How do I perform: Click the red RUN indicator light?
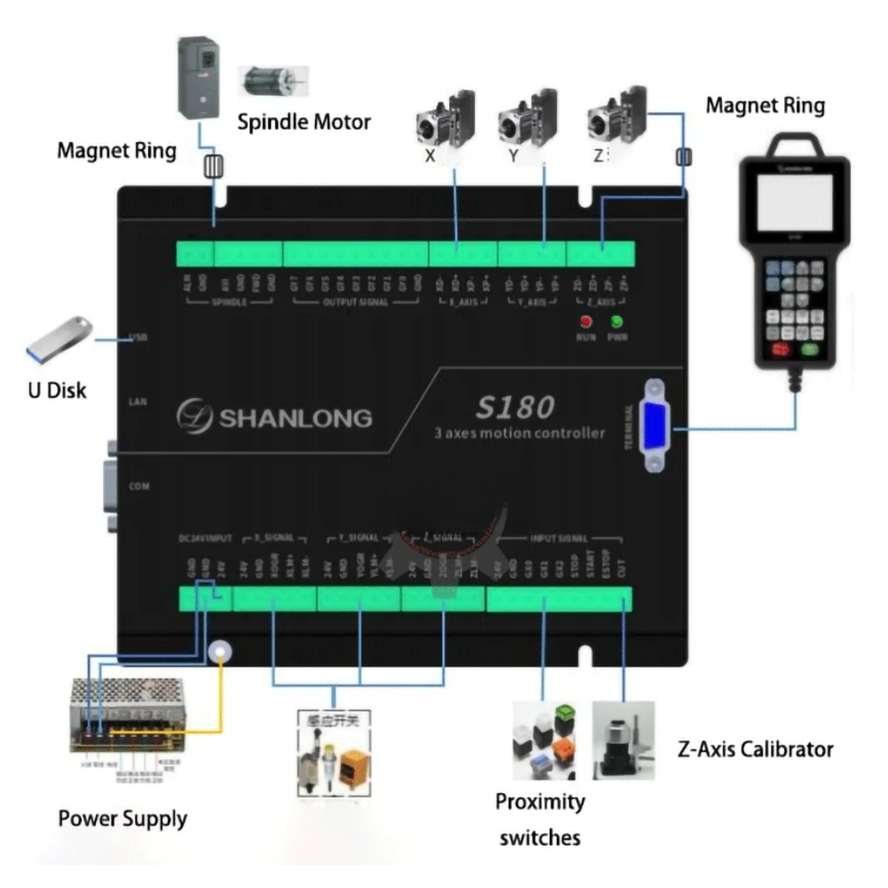point(586,321)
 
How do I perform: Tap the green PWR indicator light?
point(615,321)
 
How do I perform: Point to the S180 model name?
point(515,407)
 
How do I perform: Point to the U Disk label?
point(57,390)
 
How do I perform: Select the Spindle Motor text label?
point(304,122)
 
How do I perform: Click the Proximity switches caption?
point(540,819)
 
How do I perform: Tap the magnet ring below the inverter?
point(213,166)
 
